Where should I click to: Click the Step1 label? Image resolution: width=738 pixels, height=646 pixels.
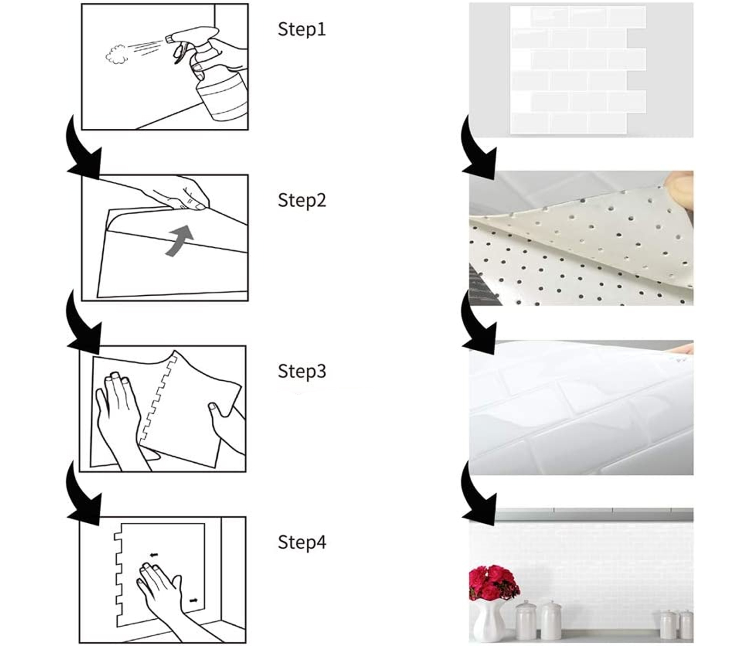[302, 29]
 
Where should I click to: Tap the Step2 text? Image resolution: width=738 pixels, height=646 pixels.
[302, 200]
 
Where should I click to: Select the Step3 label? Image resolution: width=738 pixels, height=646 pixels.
[302, 371]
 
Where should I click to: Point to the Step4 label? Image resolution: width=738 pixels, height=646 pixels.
[302, 542]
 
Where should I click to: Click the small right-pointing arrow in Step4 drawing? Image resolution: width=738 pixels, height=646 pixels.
[194, 600]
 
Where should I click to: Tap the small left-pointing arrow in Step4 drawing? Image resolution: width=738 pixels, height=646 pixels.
[154, 555]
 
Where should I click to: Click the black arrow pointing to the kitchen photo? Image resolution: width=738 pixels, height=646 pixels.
[479, 494]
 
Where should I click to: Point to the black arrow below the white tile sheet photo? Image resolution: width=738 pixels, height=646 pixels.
[479, 148]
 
